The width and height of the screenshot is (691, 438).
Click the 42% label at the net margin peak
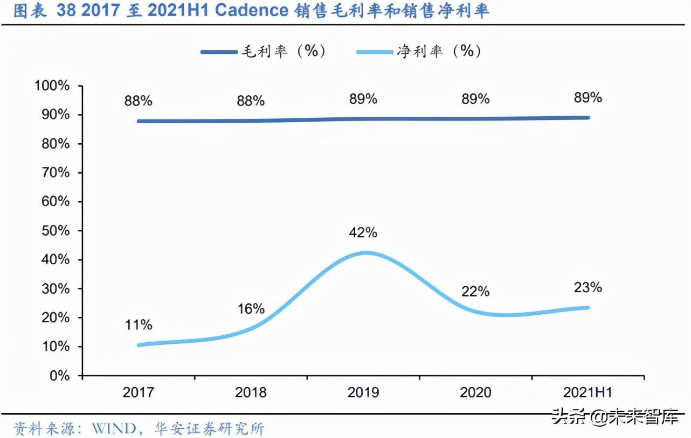pyautogui.click(x=363, y=232)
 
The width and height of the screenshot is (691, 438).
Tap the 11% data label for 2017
pyautogui.click(x=138, y=325)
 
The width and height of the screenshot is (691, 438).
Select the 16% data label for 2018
pyautogui.click(x=251, y=308)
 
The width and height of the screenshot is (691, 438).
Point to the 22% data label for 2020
pyautogui.click(x=475, y=291)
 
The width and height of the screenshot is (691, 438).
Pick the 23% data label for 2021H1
pyautogui.click(x=588, y=287)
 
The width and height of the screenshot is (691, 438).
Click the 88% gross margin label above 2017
pyautogui.click(x=138, y=101)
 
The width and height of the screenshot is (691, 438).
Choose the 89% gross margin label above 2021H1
pyautogui.click(x=588, y=97)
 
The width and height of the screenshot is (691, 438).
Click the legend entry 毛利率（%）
pyautogui.click(x=264, y=51)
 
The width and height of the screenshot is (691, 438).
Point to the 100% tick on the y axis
pyautogui.click(x=52, y=86)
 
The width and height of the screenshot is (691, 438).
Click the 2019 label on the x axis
pyautogui.click(x=363, y=392)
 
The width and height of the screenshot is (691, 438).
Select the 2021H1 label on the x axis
pyautogui.click(x=588, y=392)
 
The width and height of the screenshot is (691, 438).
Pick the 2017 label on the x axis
pyautogui.click(x=138, y=392)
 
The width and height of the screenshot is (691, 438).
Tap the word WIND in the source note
pyautogui.click(x=114, y=429)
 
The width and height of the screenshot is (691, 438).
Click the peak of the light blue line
pyautogui.click(x=365, y=252)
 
